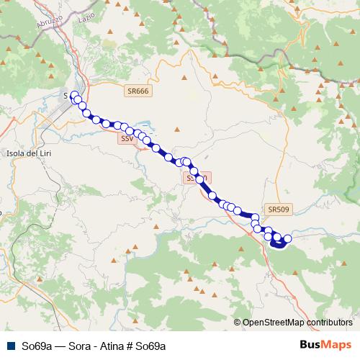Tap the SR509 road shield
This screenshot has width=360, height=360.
[278, 210]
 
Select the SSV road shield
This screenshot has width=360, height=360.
[127, 138]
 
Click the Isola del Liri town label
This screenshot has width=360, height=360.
[27, 153]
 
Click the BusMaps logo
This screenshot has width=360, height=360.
[325, 345]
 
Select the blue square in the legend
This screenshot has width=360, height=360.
[10, 346]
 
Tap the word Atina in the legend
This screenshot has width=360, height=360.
[114, 346]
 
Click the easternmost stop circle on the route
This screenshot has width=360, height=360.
[288, 238]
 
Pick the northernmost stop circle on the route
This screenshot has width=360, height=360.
[75, 95]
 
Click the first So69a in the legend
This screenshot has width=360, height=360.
[36, 346]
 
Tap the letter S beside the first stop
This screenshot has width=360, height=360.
[66, 95]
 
